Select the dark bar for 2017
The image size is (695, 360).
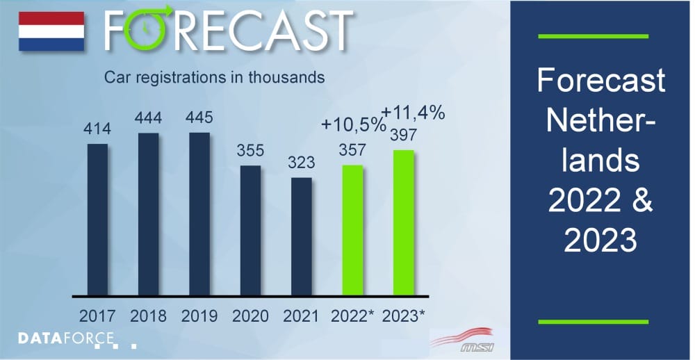point(97,219)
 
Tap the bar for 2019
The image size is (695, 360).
point(199,213)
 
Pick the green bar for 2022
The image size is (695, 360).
point(352,229)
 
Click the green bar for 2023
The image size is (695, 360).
point(403,222)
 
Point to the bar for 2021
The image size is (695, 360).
point(301,236)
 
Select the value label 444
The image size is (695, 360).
point(148,118)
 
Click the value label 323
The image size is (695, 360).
point(301,163)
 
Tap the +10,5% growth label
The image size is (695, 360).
point(353,125)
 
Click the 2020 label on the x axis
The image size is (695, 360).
point(250,316)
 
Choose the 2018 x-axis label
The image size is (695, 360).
point(148,316)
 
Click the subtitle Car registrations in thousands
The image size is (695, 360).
point(214,77)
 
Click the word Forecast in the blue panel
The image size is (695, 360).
point(601,82)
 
